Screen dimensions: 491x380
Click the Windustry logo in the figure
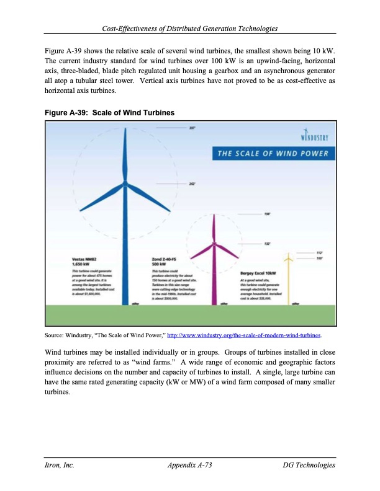[x=314, y=135]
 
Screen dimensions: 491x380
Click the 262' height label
[x=192, y=184]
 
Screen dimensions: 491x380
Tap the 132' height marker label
[x=268, y=244]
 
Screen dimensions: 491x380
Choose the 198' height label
[x=268, y=214]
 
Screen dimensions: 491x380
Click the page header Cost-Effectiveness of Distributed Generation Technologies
[x=190, y=29]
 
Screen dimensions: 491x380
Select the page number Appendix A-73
[x=190, y=465]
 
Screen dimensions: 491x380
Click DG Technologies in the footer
[x=309, y=465]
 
